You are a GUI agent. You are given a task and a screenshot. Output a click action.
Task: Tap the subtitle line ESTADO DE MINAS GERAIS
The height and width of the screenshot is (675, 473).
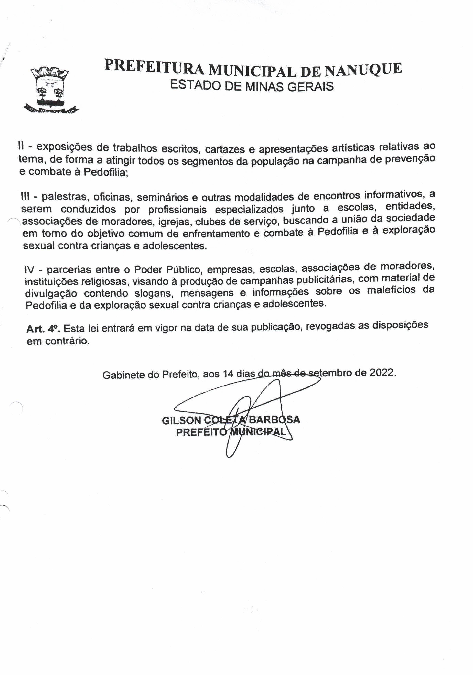[252, 86]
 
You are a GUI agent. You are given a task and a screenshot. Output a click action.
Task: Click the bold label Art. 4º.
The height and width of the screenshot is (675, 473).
[43, 329]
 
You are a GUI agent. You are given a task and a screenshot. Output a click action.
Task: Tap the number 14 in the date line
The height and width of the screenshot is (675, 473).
[228, 374]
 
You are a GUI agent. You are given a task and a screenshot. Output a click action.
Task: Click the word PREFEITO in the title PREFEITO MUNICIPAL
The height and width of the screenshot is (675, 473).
[201, 432]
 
